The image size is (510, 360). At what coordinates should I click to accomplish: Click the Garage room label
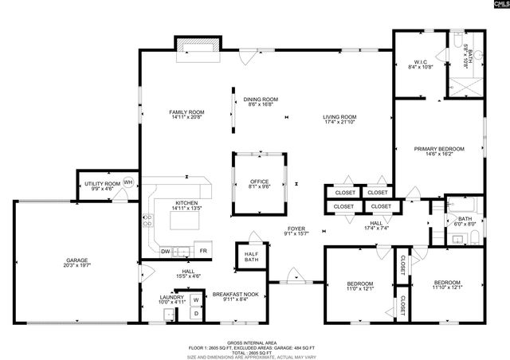click(x=76, y=261)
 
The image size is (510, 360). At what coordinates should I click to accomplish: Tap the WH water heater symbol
click(x=127, y=182)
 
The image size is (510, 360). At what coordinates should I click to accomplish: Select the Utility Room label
click(x=103, y=184)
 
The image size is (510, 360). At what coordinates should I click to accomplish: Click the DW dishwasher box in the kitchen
click(x=166, y=252)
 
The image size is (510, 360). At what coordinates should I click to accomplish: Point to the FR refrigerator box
click(x=204, y=252)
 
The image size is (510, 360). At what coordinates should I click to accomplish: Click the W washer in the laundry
click(x=194, y=301)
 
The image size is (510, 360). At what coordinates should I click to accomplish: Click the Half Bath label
click(x=251, y=257)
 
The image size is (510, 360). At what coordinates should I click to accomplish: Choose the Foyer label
click(x=296, y=229)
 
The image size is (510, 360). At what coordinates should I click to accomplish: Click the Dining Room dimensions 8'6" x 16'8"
click(x=261, y=104)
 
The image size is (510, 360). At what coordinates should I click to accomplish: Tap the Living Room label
click(x=339, y=117)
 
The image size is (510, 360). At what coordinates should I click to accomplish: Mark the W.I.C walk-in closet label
click(x=422, y=61)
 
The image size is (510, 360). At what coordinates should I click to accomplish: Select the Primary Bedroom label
click(x=439, y=148)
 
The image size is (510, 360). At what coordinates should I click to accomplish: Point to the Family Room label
click(x=187, y=112)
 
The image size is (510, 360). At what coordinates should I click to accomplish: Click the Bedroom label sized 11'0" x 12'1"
click(x=360, y=284)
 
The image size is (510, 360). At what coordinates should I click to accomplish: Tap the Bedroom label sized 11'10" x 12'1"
click(x=447, y=283)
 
